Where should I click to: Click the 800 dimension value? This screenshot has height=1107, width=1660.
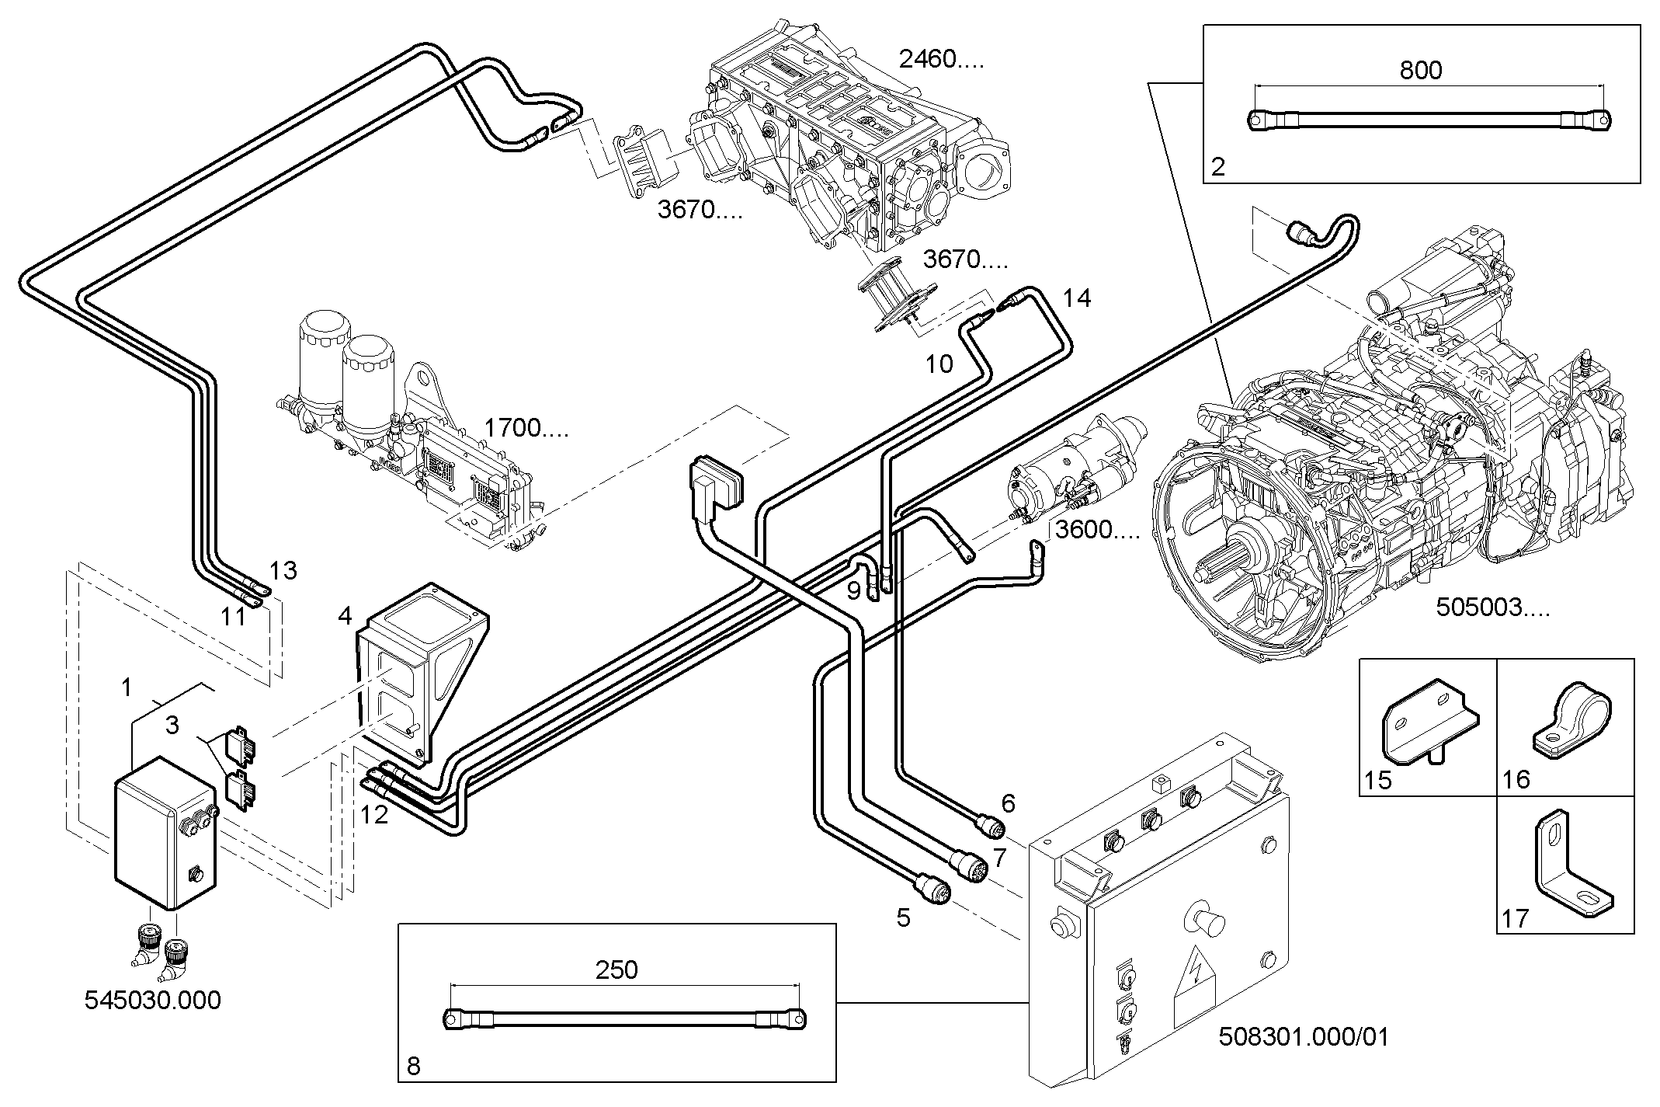(x=1420, y=71)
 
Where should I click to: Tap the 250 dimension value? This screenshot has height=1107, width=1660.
(x=616, y=969)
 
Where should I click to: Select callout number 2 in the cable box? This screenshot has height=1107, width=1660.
(x=1217, y=166)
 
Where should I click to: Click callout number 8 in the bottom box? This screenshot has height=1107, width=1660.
(x=413, y=1066)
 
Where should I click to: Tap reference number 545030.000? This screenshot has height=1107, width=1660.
(x=152, y=1000)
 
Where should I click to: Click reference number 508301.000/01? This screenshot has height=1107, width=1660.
(x=1304, y=1037)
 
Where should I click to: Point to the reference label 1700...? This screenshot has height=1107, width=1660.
(x=526, y=428)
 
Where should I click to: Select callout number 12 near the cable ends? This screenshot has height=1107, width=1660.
(x=373, y=816)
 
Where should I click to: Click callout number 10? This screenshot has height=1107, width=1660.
(x=939, y=364)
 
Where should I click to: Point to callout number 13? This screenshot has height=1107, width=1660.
(x=283, y=571)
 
